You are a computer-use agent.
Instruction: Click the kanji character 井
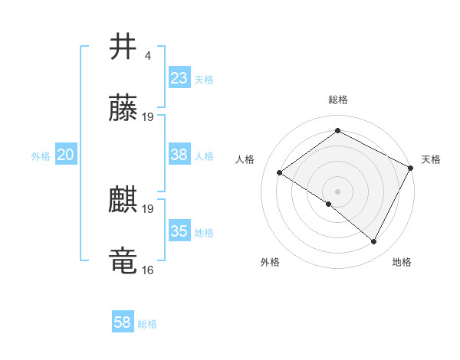(123, 47)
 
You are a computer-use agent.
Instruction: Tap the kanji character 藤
(123, 109)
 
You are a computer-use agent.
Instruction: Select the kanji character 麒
(123, 200)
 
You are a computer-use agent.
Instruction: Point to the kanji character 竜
(123, 261)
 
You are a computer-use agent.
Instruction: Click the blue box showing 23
(179, 78)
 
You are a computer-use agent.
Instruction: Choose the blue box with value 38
(179, 155)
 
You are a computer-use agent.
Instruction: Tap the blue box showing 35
(179, 231)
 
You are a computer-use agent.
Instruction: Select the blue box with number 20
(65, 155)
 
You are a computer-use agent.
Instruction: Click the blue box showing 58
(122, 323)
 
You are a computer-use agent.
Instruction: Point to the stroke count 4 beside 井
(148, 56)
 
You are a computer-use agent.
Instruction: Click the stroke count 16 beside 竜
(148, 270)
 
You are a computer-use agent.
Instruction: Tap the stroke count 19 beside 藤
(148, 117)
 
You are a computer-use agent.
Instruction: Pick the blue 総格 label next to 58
(147, 324)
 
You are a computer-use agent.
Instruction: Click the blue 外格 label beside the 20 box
(41, 155)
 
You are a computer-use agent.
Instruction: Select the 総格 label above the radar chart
(337, 100)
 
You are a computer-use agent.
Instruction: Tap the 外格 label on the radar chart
(270, 262)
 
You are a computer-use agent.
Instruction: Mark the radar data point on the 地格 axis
(374, 242)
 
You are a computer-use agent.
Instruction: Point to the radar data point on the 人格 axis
(280, 172)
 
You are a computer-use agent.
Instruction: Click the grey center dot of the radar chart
(337, 191)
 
